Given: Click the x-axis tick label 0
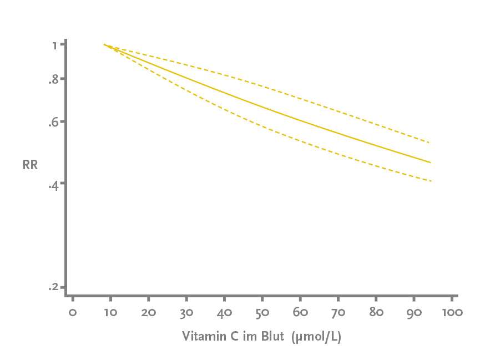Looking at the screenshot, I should pos(72,312).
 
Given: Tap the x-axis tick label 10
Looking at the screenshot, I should pos(110,312).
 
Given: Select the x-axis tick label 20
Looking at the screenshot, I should pos(148,312).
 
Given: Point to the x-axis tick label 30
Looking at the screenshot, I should pos(186,312).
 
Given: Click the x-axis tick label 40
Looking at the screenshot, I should pos(224,312).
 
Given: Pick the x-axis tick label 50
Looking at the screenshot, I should pos(262,312).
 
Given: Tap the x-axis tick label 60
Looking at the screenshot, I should pos(300,312).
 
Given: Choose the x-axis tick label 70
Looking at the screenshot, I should pos(338,312).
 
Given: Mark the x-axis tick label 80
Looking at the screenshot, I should pos(376,312).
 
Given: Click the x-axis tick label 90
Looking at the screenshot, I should pos(414,312).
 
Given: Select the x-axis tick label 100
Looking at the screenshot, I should pos(453,312).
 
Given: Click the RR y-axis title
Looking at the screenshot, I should pos(30,165).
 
